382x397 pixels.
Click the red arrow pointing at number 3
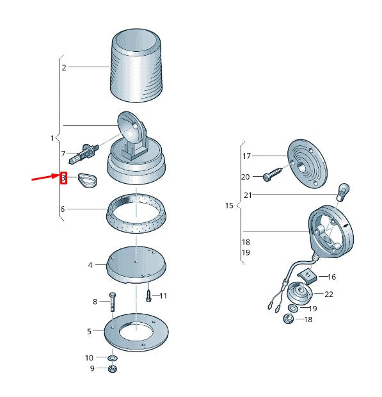point(45,177)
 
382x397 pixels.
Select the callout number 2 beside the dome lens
point(64,68)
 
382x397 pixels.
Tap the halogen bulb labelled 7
point(83,154)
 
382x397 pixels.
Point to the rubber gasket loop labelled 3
point(88,181)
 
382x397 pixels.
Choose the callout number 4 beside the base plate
point(90,265)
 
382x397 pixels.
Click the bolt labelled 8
point(113,302)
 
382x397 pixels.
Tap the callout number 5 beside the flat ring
point(89,332)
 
